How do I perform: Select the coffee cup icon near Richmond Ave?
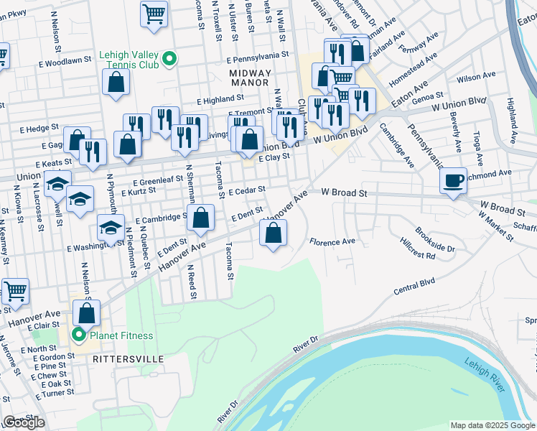click(454, 181)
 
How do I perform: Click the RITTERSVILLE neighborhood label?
click(128, 358)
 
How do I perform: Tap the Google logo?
click(24, 422)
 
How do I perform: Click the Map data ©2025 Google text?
click(492, 425)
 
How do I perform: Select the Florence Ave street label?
click(332, 242)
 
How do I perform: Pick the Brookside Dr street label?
click(436, 245)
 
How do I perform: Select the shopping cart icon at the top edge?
click(154, 14)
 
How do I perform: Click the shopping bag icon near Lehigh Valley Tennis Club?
click(116, 82)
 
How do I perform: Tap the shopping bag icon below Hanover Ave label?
click(273, 233)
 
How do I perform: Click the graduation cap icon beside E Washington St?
click(110, 228)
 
